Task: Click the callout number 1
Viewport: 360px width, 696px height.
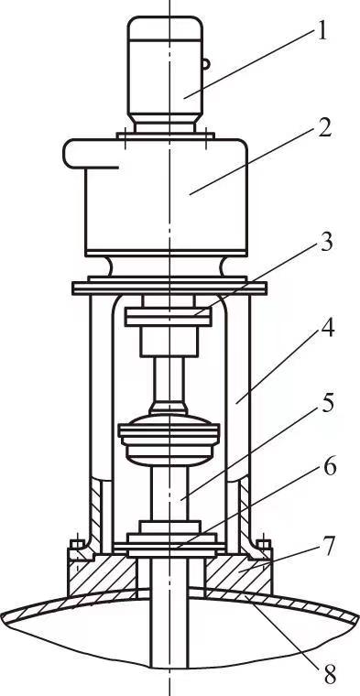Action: tap(322, 32)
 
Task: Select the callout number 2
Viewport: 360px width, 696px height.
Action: tap(323, 127)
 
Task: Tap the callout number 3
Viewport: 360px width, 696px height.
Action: tap(326, 244)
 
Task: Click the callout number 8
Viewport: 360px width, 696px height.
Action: tap(328, 676)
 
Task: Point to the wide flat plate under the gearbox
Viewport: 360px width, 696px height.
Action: tap(169, 287)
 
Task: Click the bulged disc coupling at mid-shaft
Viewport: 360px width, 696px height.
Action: tap(169, 439)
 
